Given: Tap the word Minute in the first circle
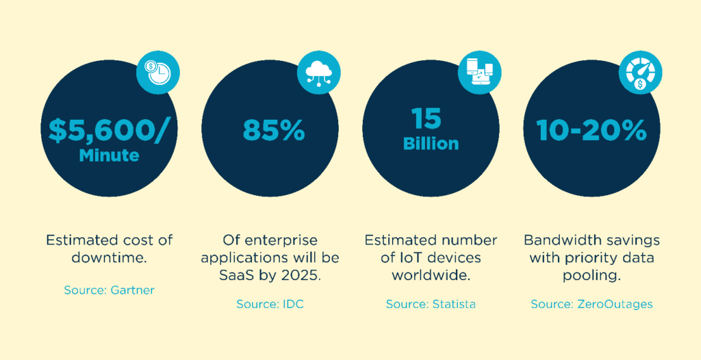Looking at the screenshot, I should pos(109,155).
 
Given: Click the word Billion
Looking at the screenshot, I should pos(431,144).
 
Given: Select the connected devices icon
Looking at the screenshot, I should pos(481,70).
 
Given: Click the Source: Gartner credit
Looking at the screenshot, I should pos(109,290).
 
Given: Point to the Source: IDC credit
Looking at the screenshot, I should pos(270,304).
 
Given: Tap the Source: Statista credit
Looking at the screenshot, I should pos(431,304).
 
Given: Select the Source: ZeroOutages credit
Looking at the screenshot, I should pos(591,304).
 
